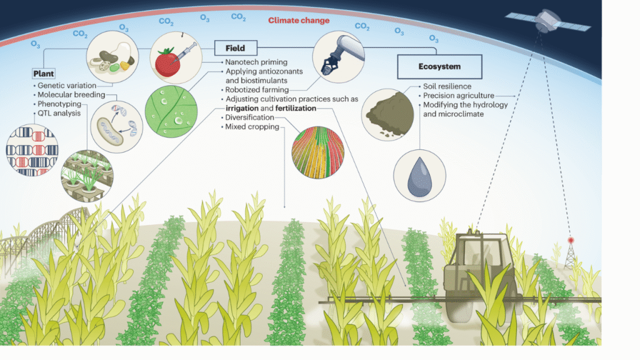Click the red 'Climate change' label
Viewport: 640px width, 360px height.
(x=299, y=21)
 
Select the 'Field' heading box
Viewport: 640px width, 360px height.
(x=236, y=47)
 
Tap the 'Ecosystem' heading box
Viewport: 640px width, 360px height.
(x=439, y=66)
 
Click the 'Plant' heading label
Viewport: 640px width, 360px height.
(x=44, y=74)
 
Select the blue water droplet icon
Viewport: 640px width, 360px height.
(x=419, y=176)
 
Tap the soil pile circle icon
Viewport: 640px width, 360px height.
(x=387, y=115)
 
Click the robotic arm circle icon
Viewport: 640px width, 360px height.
(x=338, y=57)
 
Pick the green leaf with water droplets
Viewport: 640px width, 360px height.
(x=171, y=111)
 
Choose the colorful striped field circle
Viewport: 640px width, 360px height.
(x=318, y=152)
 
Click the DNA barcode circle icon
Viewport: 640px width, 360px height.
(x=32, y=150)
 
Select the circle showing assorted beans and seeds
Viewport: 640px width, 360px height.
(x=112, y=57)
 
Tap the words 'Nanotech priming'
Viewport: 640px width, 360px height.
(x=256, y=62)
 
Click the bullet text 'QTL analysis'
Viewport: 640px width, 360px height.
(x=59, y=113)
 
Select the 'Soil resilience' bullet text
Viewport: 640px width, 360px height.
(x=447, y=86)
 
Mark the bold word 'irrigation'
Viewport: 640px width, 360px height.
(x=242, y=108)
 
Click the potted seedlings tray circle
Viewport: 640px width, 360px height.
(x=87, y=176)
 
